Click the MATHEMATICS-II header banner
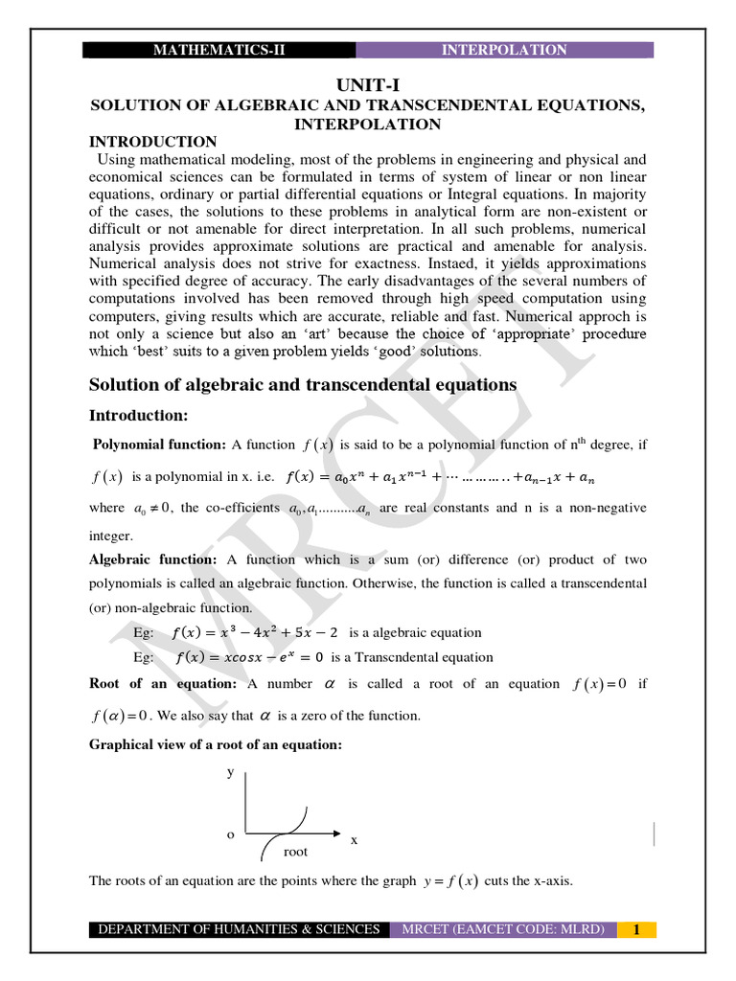coord(219,50)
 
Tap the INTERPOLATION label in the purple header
coord(504,50)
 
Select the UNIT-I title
coord(367,85)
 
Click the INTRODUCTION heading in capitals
coord(153,142)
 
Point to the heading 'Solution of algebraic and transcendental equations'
coord(303,384)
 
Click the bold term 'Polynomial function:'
coord(159,444)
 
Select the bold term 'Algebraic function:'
coord(153,559)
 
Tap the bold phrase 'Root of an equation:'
coord(163,683)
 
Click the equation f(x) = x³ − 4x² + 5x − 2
coord(255,632)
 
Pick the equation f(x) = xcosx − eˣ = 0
coord(251,657)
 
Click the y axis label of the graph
coord(230,771)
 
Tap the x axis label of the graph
coord(354,839)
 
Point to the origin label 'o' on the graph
coord(230,834)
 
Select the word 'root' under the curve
coord(296,851)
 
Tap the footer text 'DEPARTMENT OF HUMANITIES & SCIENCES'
coord(240,929)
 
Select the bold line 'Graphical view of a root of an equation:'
coord(216,743)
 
